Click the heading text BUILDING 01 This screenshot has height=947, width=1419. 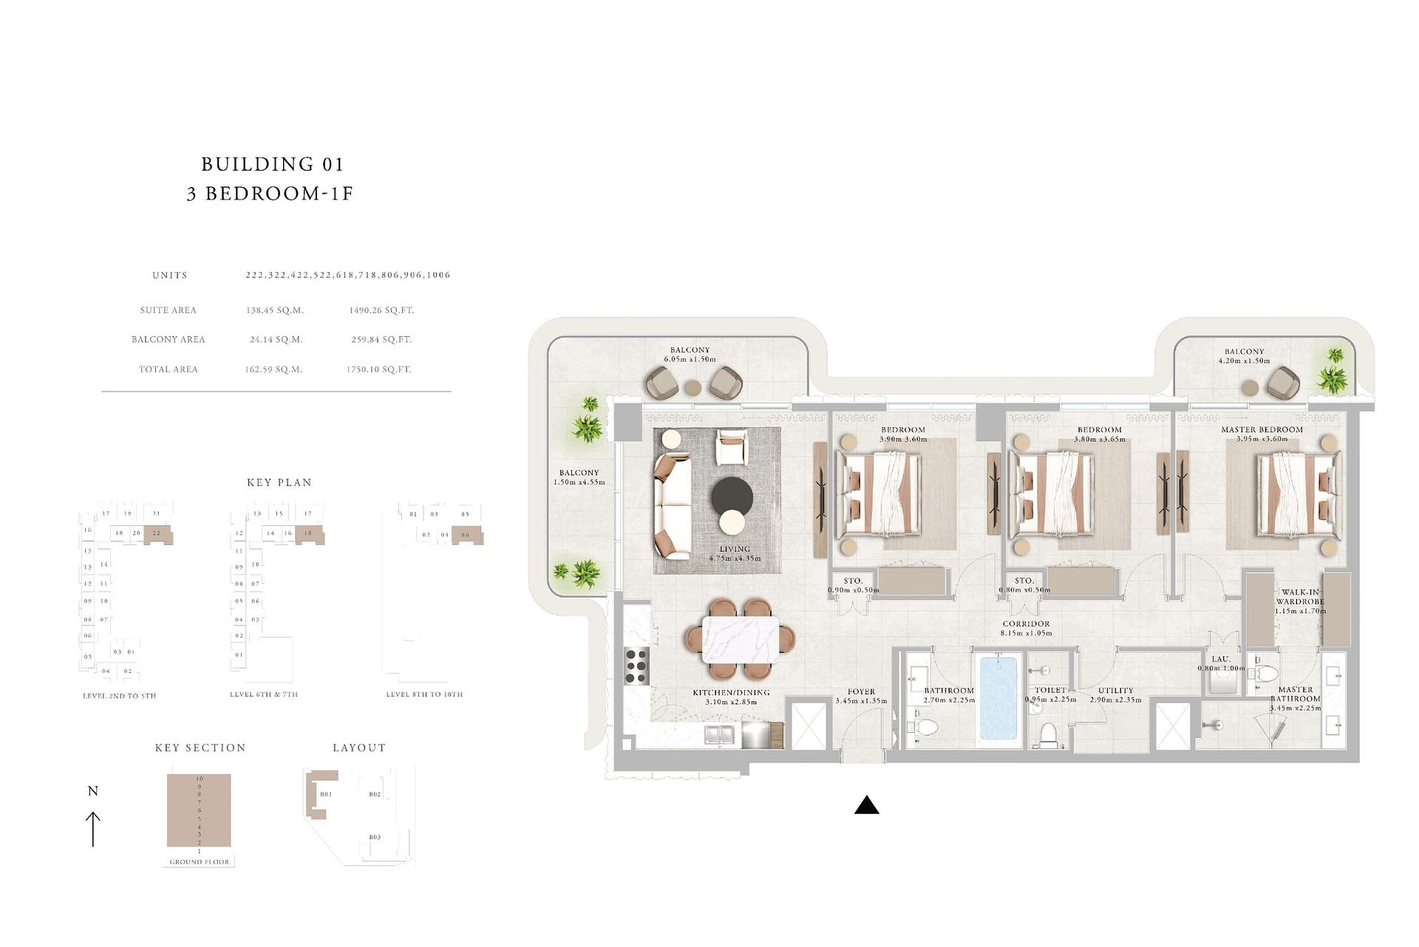272,164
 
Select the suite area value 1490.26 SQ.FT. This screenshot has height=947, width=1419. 381,310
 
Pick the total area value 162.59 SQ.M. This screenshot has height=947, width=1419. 273,369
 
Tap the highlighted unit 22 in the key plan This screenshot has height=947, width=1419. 157,533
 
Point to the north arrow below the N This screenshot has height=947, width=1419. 93,829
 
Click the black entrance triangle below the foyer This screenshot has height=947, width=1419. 866,806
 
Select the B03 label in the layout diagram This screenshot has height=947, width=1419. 375,837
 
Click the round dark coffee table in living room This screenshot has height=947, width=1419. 732,496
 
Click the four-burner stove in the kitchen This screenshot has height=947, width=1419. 637,664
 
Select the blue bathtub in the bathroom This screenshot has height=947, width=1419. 998,698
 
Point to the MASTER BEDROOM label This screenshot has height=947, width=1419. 1262,430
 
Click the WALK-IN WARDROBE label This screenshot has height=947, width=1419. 1299,597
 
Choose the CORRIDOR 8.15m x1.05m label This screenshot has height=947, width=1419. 1026,628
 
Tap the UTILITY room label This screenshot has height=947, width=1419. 1115,691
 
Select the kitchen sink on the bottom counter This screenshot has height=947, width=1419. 719,735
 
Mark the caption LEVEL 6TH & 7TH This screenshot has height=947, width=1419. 264,694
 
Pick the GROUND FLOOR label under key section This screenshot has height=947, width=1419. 199,862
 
